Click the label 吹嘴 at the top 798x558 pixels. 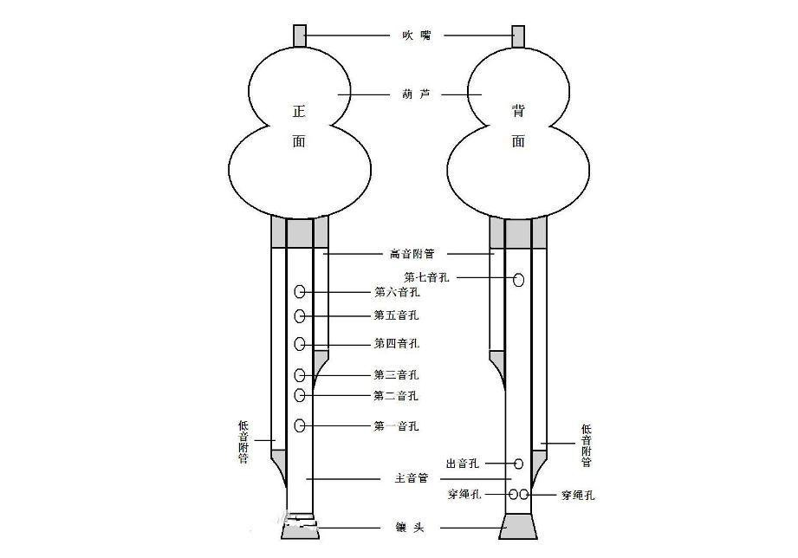[410, 36]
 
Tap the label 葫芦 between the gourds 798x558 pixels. [410, 93]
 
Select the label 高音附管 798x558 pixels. [410, 254]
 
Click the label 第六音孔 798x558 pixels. [397, 293]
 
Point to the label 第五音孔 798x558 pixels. [397, 315]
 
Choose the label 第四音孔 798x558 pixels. [397, 344]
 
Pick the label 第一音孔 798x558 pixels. [397, 425]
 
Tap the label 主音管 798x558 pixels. [410, 478]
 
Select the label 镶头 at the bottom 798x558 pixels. [410, 527]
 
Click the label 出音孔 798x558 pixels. [462, 464]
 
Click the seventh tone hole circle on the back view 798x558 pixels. [519, 279]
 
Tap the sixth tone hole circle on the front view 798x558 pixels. [300, 293]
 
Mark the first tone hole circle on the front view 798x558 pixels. [300, 425]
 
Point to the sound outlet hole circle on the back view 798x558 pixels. [519, 464]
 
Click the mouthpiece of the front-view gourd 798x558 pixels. [300, 36]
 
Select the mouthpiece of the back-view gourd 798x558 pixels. [519, 36]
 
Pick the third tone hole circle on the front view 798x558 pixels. [300, 375]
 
